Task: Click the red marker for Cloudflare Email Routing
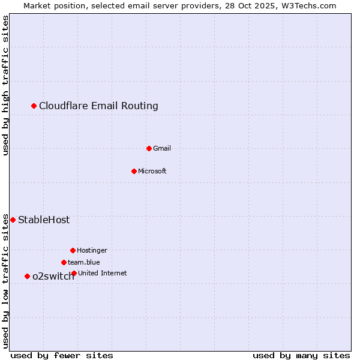[34, 106]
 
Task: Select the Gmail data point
[149, 148]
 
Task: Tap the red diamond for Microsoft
[134, 171]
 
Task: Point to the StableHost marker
[13, 220]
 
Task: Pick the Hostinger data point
[73, 250]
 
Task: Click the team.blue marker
[64, 262]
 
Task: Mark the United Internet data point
[74, 274]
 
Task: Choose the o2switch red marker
[27, 276]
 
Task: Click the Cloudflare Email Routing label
[98, 106]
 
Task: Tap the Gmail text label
[162, 148]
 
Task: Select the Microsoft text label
[152, 171]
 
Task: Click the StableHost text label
[44, 220]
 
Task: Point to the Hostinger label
[92, 250]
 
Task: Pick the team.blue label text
[84, 262]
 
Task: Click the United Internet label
[103, 273]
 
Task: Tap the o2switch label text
[53, 276]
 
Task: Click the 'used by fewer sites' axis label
[62, 355]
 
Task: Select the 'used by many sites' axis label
[301, 355]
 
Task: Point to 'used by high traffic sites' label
[6, 85]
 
